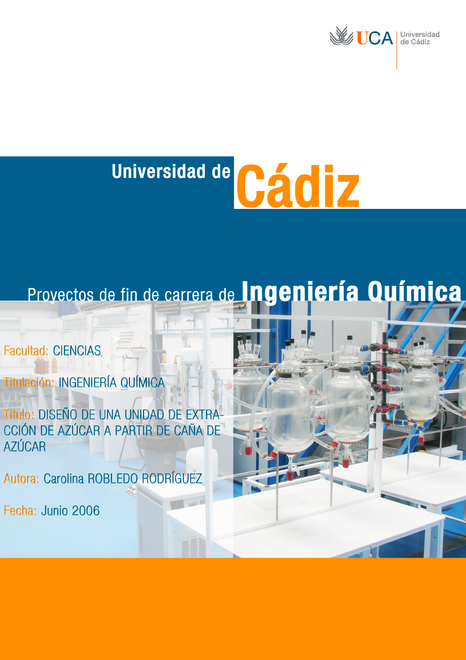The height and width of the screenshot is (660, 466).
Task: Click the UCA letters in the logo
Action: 375,38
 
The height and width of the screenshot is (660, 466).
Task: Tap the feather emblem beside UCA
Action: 341,36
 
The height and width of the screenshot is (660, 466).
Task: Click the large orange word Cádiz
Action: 298,186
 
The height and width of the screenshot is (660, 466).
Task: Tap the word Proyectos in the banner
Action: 61,295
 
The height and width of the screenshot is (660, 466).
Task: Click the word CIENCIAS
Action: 77,351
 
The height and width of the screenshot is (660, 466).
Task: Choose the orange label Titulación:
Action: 29,383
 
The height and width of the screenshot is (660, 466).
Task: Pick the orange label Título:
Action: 19,415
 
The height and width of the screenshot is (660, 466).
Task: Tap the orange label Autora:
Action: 22,479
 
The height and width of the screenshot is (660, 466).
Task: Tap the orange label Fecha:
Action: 20,511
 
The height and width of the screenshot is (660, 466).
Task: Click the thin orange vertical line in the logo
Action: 397,51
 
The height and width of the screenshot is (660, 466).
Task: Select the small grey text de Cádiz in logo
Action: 415,42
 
